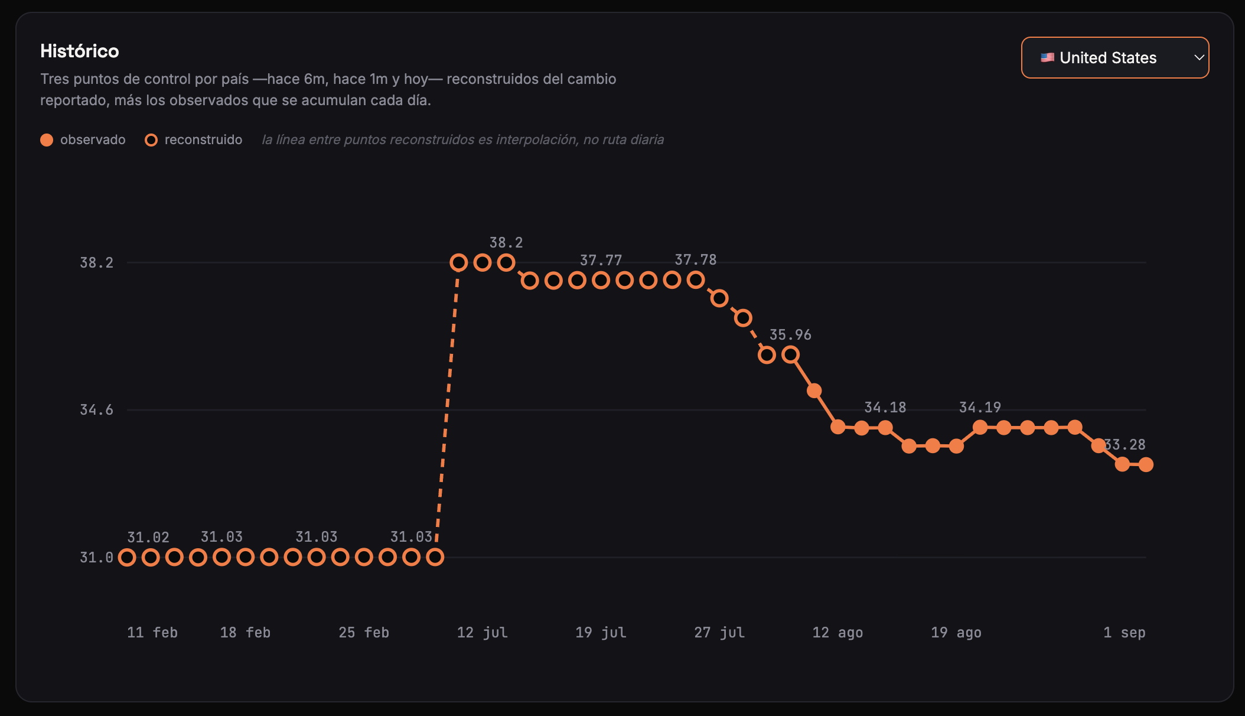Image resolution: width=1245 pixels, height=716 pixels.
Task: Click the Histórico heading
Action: pyautogui.click(x=80, y=51)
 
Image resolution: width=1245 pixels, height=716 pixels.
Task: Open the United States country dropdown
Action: pyautogui.click(x=1115, y=57)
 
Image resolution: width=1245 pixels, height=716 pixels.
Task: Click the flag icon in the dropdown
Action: pyautogui.click(x=1047, y=57)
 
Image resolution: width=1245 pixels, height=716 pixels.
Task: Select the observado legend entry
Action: pyautogui.click(x=83, y=139)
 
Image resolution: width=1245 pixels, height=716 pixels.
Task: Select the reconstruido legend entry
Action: pyautogui.click(x=194, y=139)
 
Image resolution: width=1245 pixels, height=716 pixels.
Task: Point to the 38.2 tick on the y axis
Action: pyautogui.click(x=96, y=262)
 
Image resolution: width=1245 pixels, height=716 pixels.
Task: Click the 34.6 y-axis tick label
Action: pyautogui.click(x=96, y=409)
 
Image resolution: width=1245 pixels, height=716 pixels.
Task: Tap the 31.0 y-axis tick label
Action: pyautogui.click(x=96, y=557)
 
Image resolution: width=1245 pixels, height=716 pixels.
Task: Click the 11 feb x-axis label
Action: pyautogui.click(x=152, y=632)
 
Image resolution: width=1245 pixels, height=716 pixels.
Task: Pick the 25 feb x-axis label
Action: pyautogui.click(x=364, y=632)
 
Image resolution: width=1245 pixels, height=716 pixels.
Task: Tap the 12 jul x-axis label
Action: pyautogui.click(x=483, y=632)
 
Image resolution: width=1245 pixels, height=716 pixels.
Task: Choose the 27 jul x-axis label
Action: pyautogui.click(x=719, y=632)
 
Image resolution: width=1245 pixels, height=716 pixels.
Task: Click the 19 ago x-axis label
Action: pyautogui.click(x=956, y=632)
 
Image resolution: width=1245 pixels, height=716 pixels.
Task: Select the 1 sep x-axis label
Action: pyautogui.click(x=1125, y=632)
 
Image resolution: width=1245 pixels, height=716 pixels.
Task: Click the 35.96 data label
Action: pyautogui.click(x=790, y=334)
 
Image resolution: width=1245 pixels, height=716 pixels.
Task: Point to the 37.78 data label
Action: pyautogui.click(x=696, y=259)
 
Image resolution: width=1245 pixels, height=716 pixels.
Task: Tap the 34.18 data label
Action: pyautogui.click(x=885, y=407)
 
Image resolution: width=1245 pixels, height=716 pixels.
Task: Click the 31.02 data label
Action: pyautogui.click(x=148, y=537)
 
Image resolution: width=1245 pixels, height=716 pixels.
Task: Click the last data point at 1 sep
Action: pyautogui.click(x=1146, y=464)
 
